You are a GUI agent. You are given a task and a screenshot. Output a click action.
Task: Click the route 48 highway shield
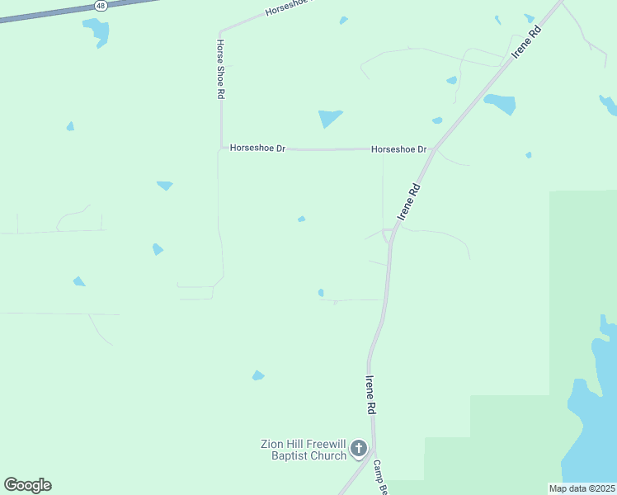click(x=101, y=5)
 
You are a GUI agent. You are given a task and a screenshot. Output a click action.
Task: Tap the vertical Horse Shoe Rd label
click(x=221, y=69)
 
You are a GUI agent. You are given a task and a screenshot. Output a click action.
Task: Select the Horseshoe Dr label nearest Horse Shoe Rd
click(x=257, y=148)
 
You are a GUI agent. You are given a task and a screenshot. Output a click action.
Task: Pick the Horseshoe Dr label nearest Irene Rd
click(x=399, y=149)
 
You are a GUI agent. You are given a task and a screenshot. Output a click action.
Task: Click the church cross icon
click(x=358, y=449)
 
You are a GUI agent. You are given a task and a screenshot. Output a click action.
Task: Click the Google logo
click(x=27, y=485)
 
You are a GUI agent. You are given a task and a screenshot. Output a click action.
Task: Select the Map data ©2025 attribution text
click(x=581, y=488)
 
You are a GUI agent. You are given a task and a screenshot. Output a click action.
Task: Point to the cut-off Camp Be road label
click(x=379, y=478)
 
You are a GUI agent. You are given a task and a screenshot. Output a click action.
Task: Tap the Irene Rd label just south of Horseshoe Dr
click(x=410, y=200)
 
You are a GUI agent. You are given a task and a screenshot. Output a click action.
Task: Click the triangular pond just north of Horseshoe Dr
click(x=330, y=118)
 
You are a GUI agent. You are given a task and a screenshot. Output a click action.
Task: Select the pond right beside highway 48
click(x=97, y=31)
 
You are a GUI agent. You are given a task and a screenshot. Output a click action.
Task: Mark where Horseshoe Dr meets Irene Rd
click(x=433, y=150)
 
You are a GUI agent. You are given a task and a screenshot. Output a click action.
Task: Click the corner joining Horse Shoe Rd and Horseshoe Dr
click(x=221, y=148)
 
